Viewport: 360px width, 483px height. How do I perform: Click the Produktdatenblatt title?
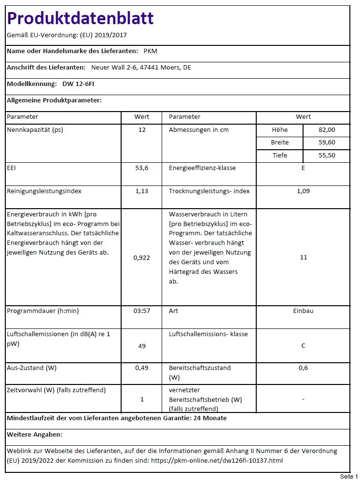click(80, 18)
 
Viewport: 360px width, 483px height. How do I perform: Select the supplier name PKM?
click(151, 51)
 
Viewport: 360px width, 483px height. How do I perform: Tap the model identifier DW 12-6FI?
click(79, 84)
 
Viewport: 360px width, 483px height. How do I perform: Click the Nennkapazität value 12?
click(141, 130)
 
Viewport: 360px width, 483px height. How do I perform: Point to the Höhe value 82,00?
click(327, 130)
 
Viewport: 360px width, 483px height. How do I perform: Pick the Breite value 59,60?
click(327, 142)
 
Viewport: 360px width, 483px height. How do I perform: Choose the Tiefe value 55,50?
click(327, 156)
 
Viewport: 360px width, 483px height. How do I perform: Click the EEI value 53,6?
click(141, 168)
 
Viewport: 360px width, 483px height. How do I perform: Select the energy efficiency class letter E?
click(303, 168)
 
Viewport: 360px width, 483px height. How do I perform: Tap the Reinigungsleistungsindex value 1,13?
click(141, 191)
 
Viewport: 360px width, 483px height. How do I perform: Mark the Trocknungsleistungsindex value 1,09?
click(303, 191)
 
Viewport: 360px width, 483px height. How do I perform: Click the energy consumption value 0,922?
click(141, 258)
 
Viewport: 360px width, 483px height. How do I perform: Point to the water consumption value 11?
click(303, 258)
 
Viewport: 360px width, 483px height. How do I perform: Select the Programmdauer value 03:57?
click(141, 311)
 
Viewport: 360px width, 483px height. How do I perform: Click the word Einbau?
click(303, 311)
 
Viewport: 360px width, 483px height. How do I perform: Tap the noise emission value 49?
click(141, 346)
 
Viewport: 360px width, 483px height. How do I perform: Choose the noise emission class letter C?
click(303, 346)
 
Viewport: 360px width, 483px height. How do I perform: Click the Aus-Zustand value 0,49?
click(141, 368)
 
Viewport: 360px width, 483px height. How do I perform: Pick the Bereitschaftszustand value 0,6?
click(303, 368)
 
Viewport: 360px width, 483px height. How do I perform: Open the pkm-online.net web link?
click(217, 460)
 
